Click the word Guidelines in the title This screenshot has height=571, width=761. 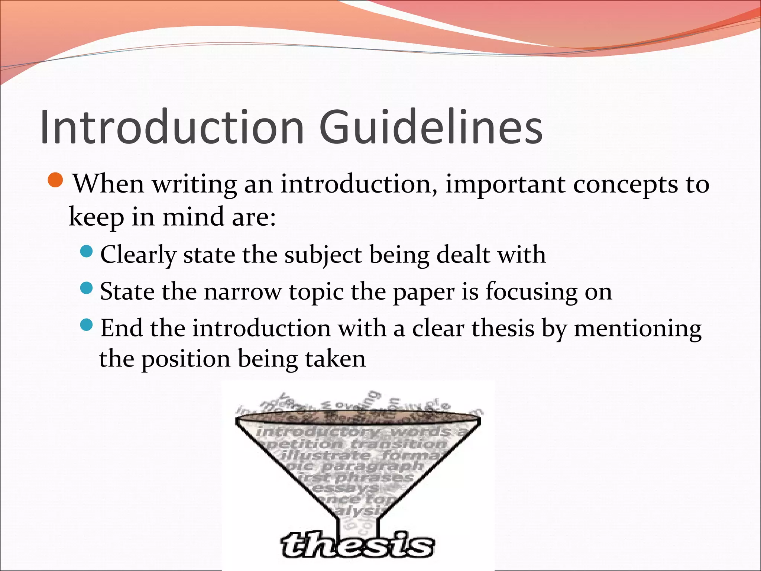(431, 127)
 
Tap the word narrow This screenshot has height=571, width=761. (243, 292)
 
